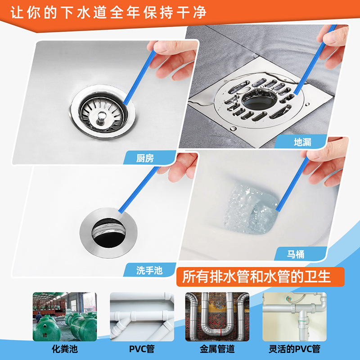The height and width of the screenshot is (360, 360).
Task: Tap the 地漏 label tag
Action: click(x=302, y=142)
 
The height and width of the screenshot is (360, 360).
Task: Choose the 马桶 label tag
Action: click(x=296, y=254)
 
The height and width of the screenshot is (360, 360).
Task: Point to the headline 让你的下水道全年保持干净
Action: click(x=108, y=12)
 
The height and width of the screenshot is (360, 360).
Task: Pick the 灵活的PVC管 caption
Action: click(x=293, y=349)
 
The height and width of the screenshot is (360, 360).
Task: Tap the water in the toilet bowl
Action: click(x=245, y=209)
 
